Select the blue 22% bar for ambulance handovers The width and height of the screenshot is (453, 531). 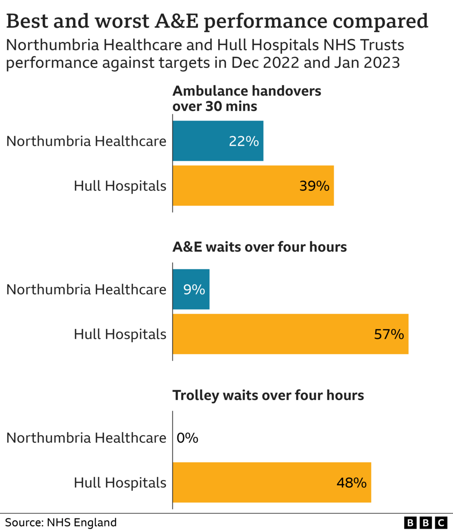point(218,141)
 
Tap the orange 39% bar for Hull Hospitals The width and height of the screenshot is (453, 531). point(253,186)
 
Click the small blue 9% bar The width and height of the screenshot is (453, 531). point(191,289)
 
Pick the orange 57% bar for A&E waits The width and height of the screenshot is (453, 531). point(290,334)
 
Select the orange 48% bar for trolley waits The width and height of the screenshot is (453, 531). point(272,482)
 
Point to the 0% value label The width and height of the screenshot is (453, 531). point(188,438)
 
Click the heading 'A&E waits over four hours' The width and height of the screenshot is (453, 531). point(259,247)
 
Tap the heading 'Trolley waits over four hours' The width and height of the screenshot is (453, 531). point(268,395)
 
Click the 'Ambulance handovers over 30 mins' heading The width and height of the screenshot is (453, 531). point(246,98)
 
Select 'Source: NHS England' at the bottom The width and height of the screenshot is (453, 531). point(61,523)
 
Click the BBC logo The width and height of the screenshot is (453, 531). point(426,523)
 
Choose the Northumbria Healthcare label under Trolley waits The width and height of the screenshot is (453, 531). point(86,438)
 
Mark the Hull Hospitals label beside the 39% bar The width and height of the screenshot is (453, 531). point(120,186)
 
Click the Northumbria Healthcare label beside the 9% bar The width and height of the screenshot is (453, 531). point(86,289)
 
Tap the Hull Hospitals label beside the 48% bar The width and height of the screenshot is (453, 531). point(120,483)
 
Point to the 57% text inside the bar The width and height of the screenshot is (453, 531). point(388,334)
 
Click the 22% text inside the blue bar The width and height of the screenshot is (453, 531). point(244,141)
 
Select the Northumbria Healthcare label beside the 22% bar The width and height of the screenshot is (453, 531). point(86,141)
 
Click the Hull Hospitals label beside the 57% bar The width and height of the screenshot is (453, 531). point(120,334)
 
